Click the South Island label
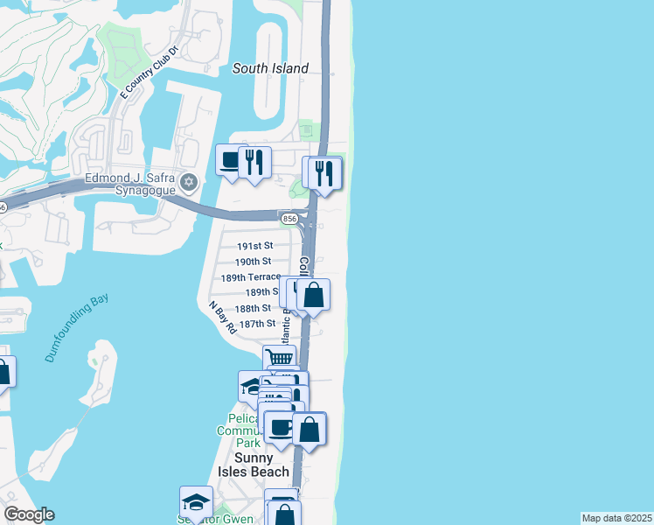270,68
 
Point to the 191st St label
254,246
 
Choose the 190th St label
253,262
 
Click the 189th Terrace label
250,276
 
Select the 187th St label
257,324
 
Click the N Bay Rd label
222,318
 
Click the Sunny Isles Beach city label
262,465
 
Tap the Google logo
28,514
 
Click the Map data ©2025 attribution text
616,518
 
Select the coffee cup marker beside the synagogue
230,160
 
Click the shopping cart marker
279,358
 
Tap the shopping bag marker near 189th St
314,295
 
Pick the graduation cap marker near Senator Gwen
196,502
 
